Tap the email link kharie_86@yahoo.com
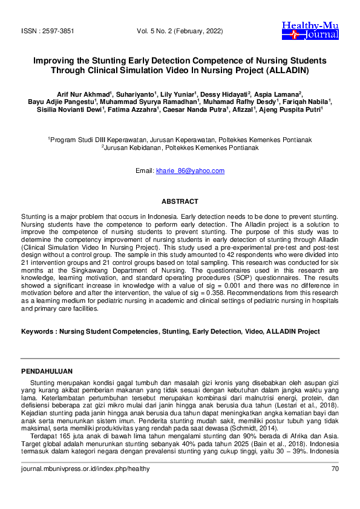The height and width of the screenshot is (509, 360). [x=190, y=171]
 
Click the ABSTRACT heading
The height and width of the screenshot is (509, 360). [x=180, y=201]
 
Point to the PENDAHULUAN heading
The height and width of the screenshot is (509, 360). [x=47, y=371]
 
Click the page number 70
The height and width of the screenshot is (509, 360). [x=335, y=469]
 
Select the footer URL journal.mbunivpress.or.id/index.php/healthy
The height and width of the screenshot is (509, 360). [x=85, y=469]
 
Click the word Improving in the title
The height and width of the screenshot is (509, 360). [x=53, y=61]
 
